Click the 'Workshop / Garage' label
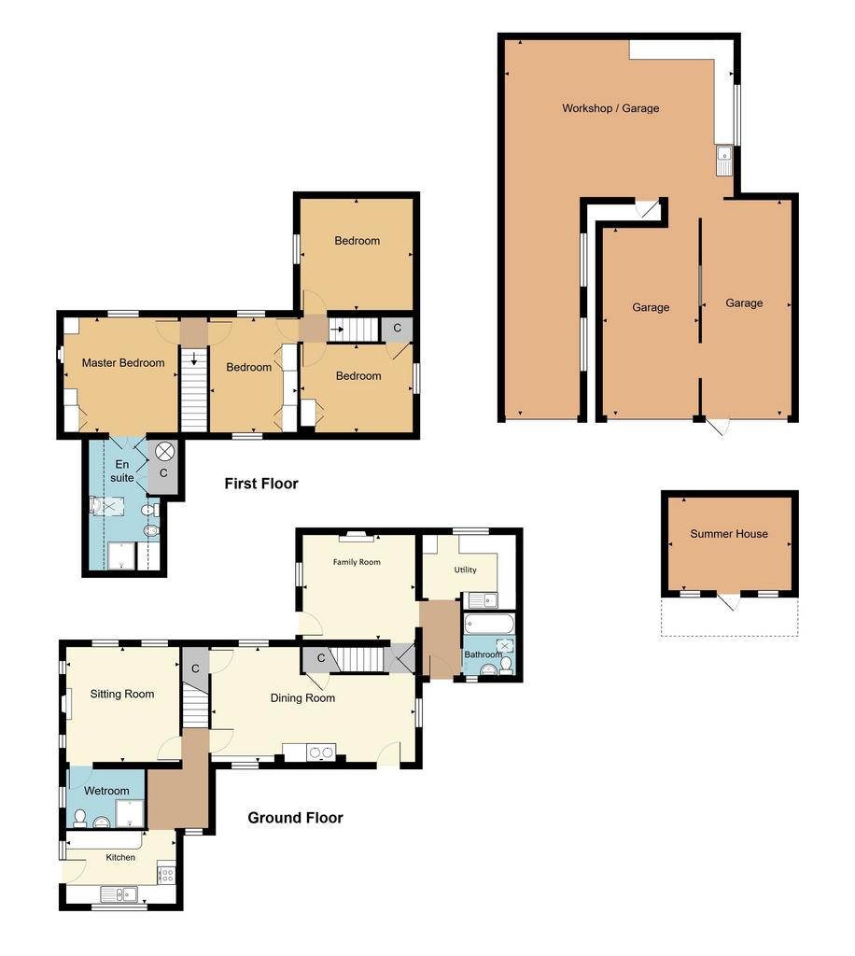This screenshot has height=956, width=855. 610,108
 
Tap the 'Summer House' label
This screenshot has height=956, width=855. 729,533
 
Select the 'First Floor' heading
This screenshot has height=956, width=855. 261,484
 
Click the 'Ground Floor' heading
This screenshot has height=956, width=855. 295,818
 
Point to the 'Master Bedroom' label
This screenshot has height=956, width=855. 123,363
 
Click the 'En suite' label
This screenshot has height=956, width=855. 122,471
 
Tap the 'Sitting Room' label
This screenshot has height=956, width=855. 122,694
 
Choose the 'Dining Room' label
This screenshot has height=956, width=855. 302,698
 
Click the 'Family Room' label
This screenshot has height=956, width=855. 357,562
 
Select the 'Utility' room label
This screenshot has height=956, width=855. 465,569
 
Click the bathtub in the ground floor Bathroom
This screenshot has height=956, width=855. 489,624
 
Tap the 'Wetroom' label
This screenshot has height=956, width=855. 106,791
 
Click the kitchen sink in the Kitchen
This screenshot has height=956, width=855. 119,894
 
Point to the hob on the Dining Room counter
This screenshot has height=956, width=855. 321,752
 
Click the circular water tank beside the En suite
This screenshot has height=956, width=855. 164,452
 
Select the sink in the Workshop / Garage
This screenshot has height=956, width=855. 724,160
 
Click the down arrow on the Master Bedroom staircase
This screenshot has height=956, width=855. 194,358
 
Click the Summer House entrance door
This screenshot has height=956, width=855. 728,601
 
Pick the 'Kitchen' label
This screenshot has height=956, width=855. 120,857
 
